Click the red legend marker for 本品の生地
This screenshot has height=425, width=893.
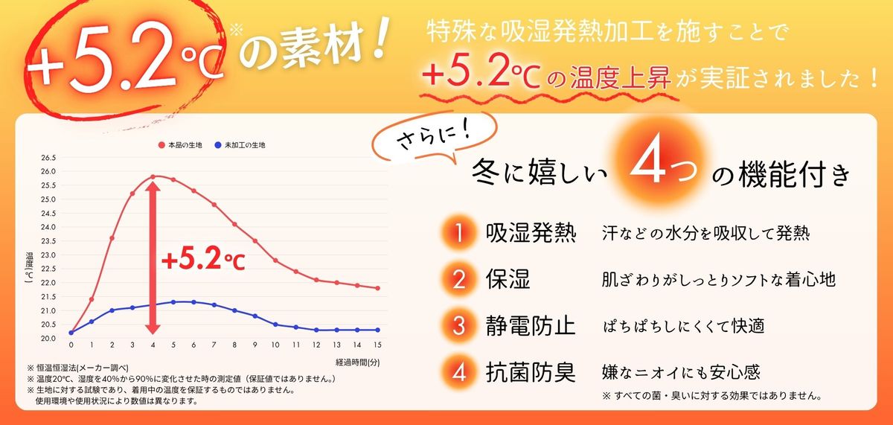point(161,145)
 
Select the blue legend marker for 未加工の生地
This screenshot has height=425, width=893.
point(217,145)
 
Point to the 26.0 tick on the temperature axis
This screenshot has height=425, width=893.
point(48,171)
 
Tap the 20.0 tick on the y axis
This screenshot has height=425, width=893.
point(48,339)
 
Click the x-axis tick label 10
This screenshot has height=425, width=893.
point(275,345)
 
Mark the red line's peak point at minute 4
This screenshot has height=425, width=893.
point(153,176)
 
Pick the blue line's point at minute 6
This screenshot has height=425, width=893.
point(193,302)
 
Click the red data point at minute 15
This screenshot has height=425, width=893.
point(377,288)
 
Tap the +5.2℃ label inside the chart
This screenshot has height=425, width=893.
point(203,261)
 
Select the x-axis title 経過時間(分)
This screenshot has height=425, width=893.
point(358,362)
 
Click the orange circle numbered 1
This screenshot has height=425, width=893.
point(459,232)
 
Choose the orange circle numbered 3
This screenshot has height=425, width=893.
point(459,325)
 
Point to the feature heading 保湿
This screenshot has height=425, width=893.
point(508,279)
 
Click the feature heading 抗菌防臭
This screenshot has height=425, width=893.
point(531,372)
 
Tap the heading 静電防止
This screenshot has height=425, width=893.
point(531,325)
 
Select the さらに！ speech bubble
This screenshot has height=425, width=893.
point(435,138)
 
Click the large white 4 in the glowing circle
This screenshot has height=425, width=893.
point(647,166)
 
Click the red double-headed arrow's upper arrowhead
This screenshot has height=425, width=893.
point(153,187)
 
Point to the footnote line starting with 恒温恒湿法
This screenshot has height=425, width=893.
point(78,368)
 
